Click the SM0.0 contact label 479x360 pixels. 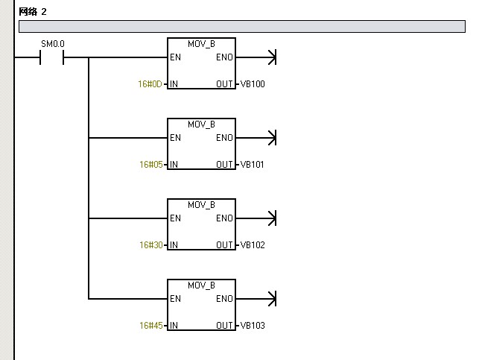(x=53, y=43)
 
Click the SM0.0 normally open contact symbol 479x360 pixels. (x=52, y=57)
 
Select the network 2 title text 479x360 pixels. (x=33, y=12)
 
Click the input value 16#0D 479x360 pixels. (x=150, y=83)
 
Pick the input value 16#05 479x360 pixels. (x=150, y=164)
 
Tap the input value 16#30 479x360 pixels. (x=150, y=244)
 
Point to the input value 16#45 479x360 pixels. (x=150, y=325)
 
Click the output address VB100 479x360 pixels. (x=253, y=83)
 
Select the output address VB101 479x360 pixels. (x=253, y=164)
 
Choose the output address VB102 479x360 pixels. (x=253, y=244)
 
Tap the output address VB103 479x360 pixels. (x=253, y=325)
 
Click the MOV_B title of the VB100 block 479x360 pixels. (x=201, y=43)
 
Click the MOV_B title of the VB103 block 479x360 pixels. (x=201, y=285)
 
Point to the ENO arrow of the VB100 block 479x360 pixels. (x=270, y=57)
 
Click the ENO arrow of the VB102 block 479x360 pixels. (x=270, y=218)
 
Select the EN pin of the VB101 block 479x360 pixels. (x=175, y=138)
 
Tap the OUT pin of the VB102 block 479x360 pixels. (x=224, y=244)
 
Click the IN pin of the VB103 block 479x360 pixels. (x=174, y=325)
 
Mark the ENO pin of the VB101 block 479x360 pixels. (x=223, y=138)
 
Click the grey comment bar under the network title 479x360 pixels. (x=241, y=27)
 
